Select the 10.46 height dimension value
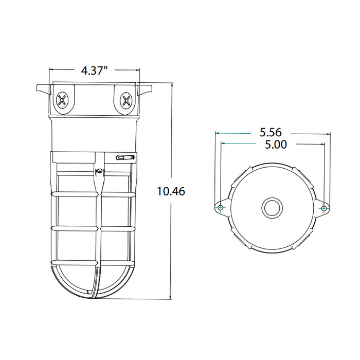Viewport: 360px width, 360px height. point(170,191)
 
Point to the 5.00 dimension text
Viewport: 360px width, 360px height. point(273,145)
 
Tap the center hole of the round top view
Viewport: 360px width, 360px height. point(272,208)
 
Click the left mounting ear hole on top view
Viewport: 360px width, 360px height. point(221,207)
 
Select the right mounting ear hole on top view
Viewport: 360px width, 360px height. point(323,208)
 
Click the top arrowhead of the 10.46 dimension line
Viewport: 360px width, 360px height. point(171,83)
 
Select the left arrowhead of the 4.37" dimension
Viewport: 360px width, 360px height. point(51,69)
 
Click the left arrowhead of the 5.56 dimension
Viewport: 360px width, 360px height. point(217,133)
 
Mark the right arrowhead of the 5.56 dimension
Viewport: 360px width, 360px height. point(329,133)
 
